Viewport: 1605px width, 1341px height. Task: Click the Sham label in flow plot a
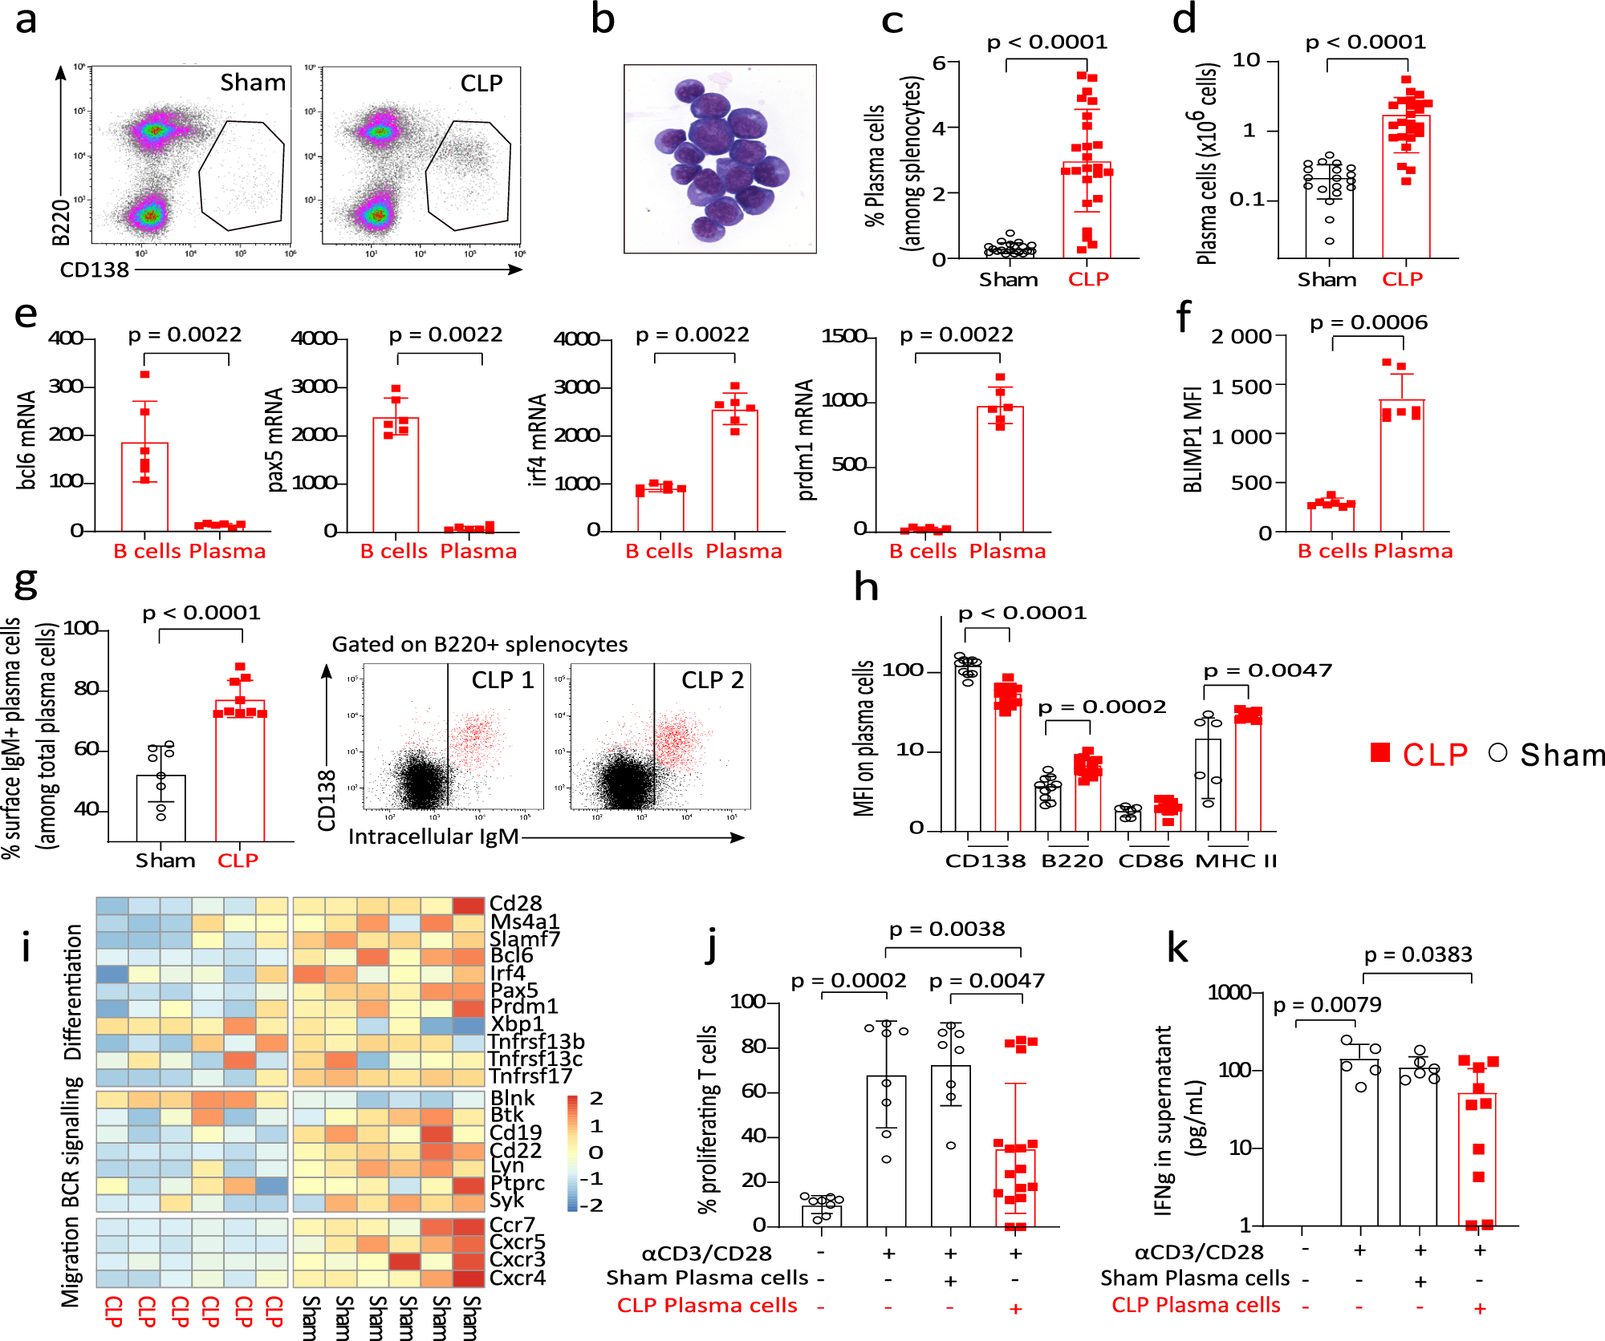(253, 83)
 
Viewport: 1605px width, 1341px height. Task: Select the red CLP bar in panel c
(1087, 210)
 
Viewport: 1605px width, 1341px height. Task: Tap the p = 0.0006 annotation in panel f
(1368, 322)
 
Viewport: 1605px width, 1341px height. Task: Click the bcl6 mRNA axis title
(26, 439)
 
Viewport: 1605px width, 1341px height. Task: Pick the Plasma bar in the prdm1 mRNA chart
(1000, 469)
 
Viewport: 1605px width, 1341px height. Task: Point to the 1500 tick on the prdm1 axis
(844, 336)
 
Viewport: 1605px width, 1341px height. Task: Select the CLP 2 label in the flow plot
(712, 680)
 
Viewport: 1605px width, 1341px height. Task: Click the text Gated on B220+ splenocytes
(479, 644)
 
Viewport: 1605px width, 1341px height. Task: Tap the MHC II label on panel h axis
(1236, 861)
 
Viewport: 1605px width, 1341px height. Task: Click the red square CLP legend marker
(1380, 752)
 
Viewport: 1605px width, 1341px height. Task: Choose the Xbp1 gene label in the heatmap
(516, 1023)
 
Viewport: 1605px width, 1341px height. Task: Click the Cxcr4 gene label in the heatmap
(518, 1277)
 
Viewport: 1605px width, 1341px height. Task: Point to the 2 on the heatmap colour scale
(595, 1098)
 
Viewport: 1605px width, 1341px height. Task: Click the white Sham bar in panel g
(161, 808)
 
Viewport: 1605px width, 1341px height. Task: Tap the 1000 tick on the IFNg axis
(1229, 993)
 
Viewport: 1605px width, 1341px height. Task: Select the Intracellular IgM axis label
(433, 837)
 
